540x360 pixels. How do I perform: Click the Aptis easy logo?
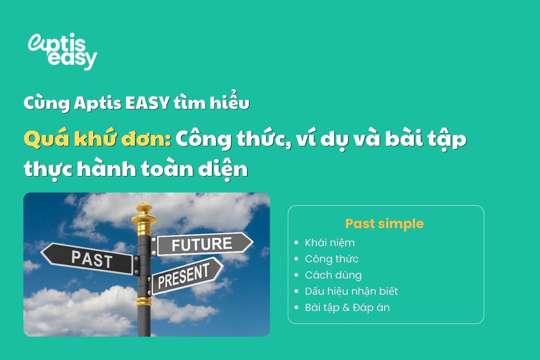point(62,50)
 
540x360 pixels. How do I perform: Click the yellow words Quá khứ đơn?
point(97,140)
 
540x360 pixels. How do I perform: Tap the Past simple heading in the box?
point(385,224)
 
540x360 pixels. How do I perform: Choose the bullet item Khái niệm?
point(330,243)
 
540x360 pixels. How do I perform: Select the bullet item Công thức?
point(332,259)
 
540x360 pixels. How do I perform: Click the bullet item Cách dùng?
point(333,275)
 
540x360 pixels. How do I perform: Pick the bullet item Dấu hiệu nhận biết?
point(351,291)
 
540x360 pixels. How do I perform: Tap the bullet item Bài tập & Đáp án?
point(347,308)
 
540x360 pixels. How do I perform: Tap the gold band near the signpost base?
point(144,301)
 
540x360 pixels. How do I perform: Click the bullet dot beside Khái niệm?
point(296,243)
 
